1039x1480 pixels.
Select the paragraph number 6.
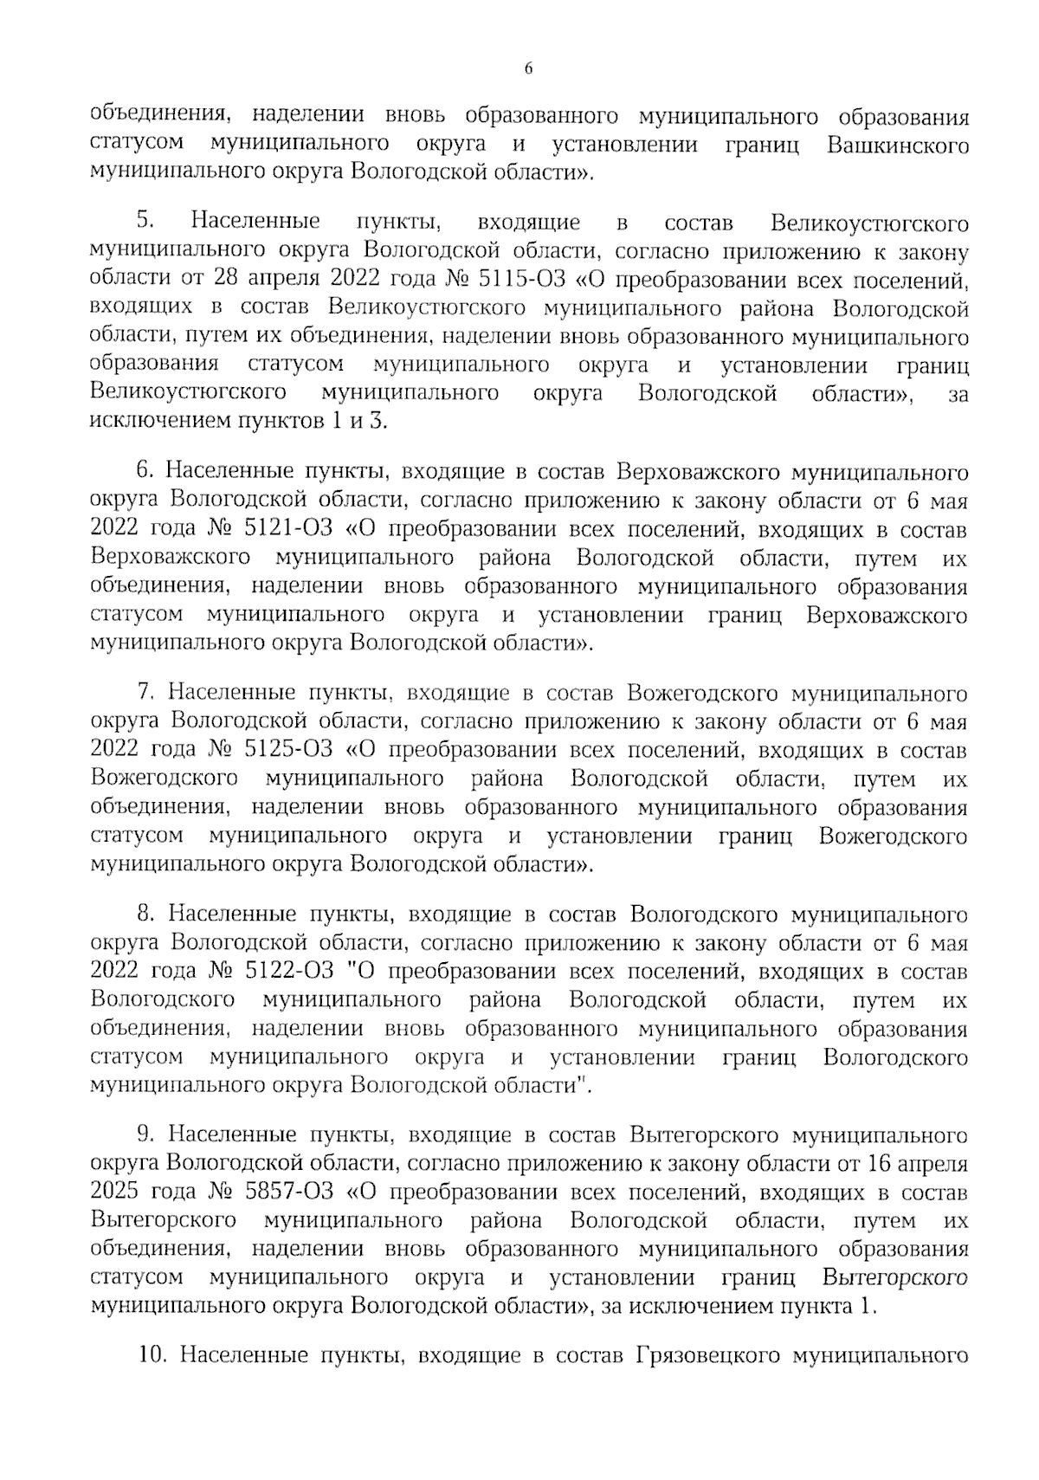145,472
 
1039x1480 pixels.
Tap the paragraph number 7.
145,694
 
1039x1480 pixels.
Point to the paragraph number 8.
145,914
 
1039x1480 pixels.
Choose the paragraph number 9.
145,1135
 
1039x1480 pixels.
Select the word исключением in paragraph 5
147,423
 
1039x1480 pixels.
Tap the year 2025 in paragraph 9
113,1192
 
